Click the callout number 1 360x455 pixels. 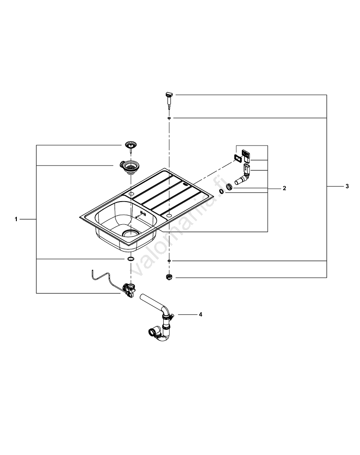[16, 219]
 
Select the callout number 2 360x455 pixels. [285, 188]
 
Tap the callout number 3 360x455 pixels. [347, 187]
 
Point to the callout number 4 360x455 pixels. [200, 314]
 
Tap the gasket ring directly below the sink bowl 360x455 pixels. [130, 259]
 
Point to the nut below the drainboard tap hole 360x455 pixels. [169, 276]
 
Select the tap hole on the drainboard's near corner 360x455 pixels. [169, 214]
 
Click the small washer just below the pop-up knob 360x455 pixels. [169, 118]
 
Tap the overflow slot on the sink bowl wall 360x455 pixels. [142, 213]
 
